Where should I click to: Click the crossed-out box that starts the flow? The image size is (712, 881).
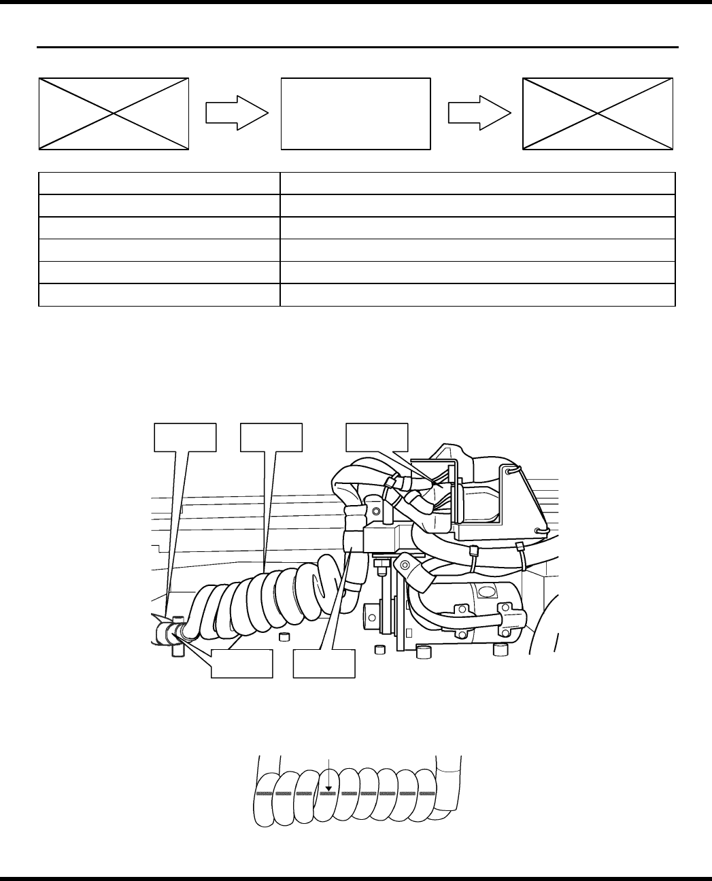coord(114,114)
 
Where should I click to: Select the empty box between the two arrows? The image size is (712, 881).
coord(356,114)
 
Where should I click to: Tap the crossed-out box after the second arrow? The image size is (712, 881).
coord(598,114)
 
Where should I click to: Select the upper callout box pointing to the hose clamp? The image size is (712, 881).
coord(186,437)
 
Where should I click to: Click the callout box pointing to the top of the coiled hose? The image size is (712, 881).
coord(271,437)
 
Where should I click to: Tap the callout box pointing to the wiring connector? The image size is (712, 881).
coord(377,437)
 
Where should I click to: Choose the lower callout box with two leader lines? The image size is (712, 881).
coord(241,663)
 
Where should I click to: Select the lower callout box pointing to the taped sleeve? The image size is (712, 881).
coord(324,663)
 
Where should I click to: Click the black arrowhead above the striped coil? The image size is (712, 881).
coord(328,789)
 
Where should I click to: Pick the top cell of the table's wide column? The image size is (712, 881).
coord(477,184)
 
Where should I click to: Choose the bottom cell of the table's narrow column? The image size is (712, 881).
coord(159,295)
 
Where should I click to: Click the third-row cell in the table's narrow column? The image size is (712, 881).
coord(159,228)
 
